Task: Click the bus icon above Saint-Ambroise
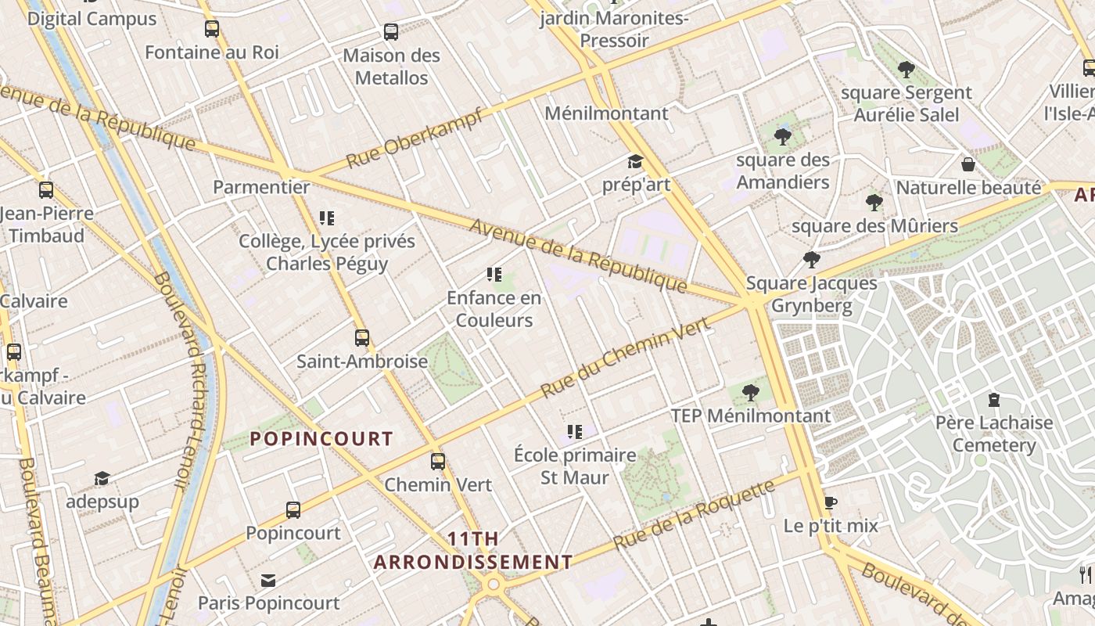(x=362, y=338)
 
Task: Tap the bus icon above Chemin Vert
(x=438, y=462)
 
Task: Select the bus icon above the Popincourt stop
(x=293, y=510)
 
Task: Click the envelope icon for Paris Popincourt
(x=268, y=581)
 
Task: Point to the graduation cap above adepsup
(x=102, y=478)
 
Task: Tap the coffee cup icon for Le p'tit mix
(x=831, y=502)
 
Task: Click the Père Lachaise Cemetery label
(x=994, y=434)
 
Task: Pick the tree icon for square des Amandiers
(x=782, y=137)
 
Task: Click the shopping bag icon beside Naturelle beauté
(x=968, y=164)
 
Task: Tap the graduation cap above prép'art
(x=635, y=162)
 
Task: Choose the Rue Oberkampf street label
(x=415, y=137)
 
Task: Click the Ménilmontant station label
(x=607, y=113)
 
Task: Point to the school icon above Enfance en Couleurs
(x=494, y=275)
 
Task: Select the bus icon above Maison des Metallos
(x=391, y=32)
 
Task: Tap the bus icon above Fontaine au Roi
(x=212, y=29)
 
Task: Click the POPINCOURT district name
(x=321, y=438)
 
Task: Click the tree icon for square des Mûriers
(x=874, y=203)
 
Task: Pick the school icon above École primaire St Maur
(x=575, y=432)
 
